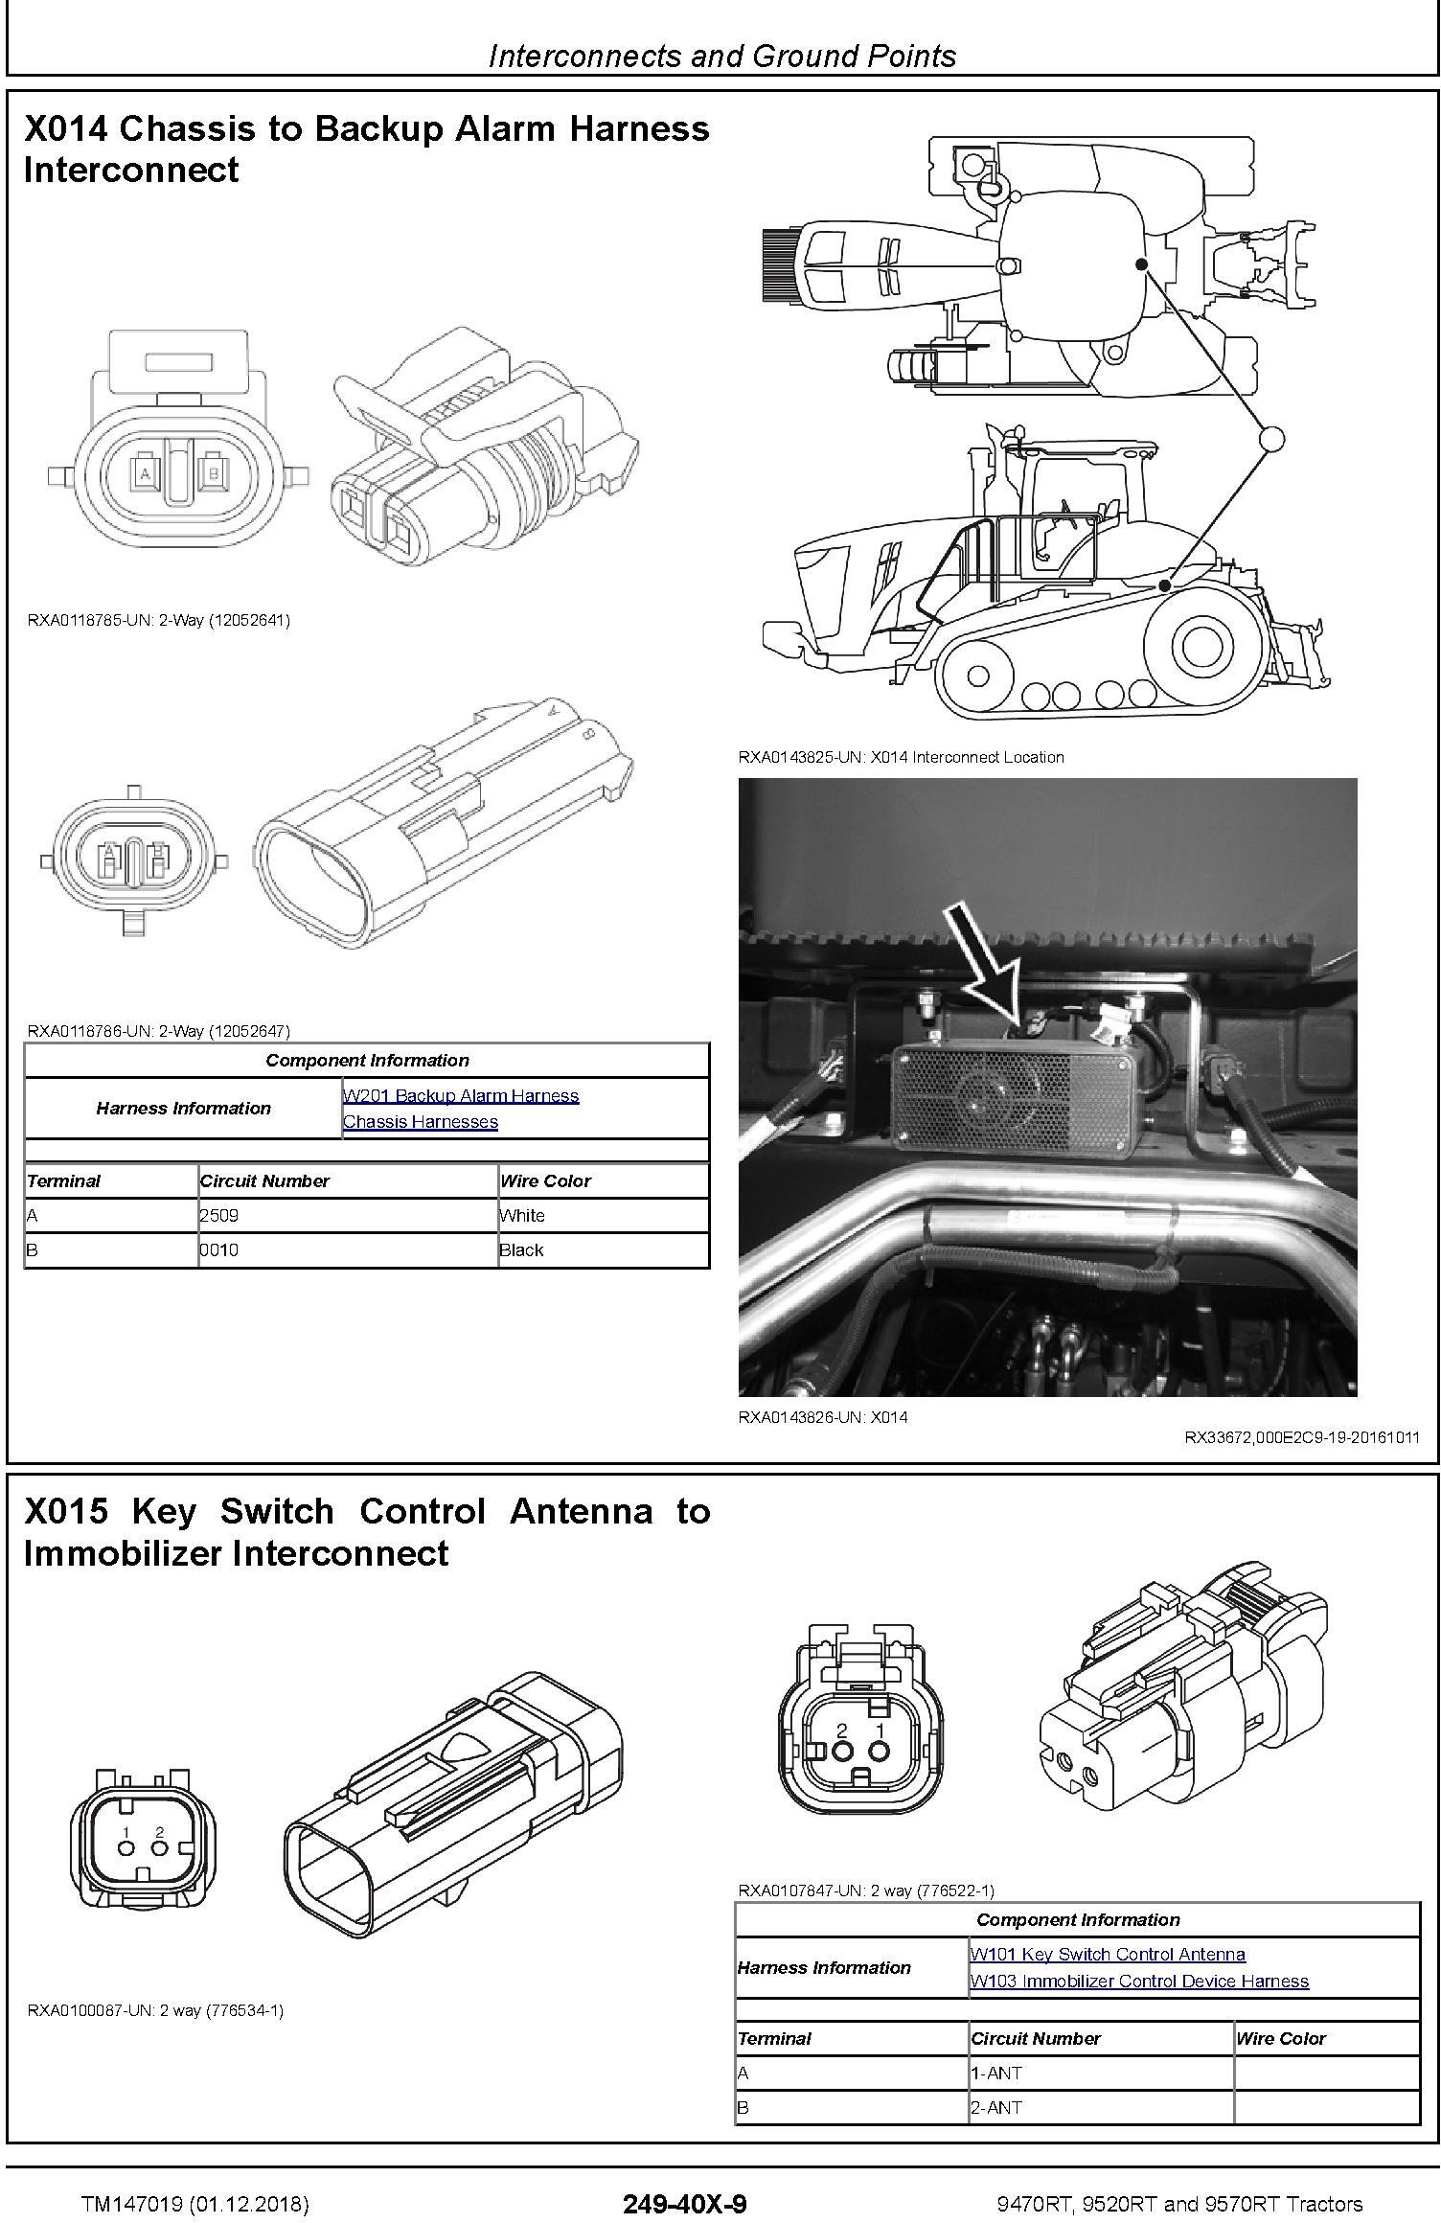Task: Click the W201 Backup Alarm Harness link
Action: (461, 1095)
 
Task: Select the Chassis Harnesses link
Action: (421, 1121)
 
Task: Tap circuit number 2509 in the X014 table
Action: (219, 1215)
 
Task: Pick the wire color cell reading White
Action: (522, 1215)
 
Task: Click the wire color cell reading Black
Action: (521, 1249)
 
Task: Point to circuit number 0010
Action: (219, 1249)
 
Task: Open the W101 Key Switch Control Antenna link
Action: (1108, 1954)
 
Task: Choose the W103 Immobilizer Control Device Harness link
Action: (1139, 1981)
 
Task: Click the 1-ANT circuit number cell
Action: (996, 2073)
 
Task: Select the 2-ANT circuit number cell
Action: (996, 2107)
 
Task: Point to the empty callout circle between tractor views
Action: (1270, 438)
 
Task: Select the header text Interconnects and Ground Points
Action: (722, 57)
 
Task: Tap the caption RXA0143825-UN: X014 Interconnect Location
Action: (901, 757)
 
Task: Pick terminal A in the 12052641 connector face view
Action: (146, 473)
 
